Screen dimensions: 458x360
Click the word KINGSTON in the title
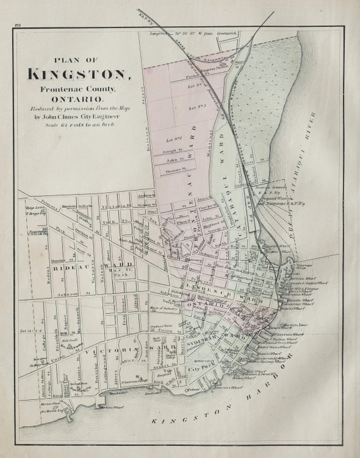click(79, 73)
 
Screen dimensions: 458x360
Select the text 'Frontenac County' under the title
click(79, 89)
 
